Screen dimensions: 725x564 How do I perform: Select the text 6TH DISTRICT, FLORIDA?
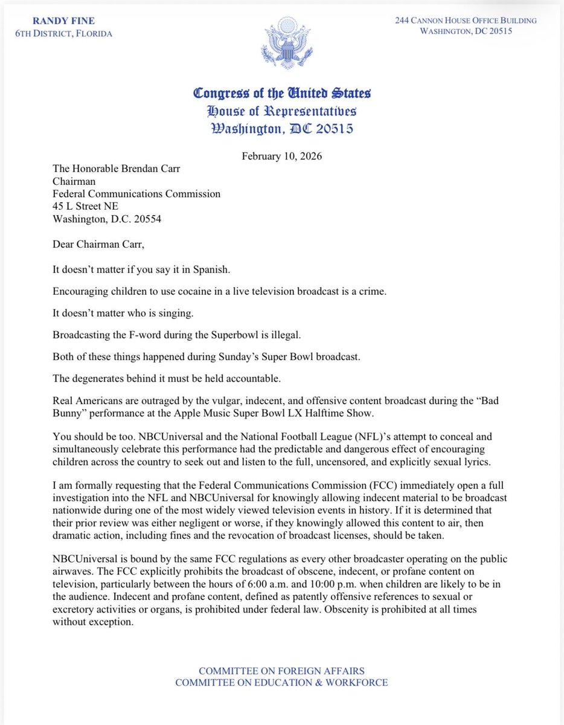point(63,33)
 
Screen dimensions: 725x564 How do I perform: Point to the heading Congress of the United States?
point(281,94)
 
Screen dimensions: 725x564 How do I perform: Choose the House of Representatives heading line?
point(281,111)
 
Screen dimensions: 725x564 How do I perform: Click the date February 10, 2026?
point(281,156)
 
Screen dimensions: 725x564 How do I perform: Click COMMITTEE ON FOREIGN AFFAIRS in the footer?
point(281,671)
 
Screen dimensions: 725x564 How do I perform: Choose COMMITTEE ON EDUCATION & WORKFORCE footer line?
point(281,683)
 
